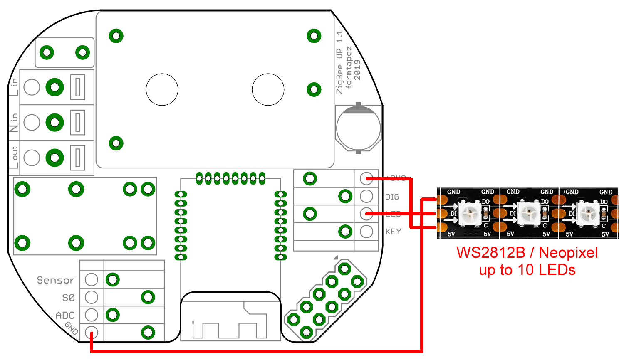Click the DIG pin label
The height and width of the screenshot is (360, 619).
click(392, 197)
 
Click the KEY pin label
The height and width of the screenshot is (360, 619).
click(393, 232)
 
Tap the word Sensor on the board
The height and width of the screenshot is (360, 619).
click(55, 280)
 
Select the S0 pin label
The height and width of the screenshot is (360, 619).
click(69, 298)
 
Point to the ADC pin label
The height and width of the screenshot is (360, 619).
click(65, 316)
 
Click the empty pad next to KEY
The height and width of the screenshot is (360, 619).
click(366, 232)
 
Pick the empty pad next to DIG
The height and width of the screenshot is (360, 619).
click(366, 196)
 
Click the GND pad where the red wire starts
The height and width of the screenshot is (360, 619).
click(92, 333)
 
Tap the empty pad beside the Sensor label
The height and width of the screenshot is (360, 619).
click(92, 279)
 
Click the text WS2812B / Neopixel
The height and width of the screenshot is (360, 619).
click(527, 253)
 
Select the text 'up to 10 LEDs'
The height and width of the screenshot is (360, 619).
click(527, 270)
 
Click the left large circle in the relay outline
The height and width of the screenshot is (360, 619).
click(162, 89)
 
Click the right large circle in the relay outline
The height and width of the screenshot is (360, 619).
click(268, 89)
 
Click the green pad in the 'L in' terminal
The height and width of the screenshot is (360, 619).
click(55, 87)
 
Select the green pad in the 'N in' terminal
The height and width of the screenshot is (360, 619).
click(55, 123)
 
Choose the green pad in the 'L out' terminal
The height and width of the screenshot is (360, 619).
click(55, 158)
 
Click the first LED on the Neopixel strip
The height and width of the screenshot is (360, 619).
click(469, 213)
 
